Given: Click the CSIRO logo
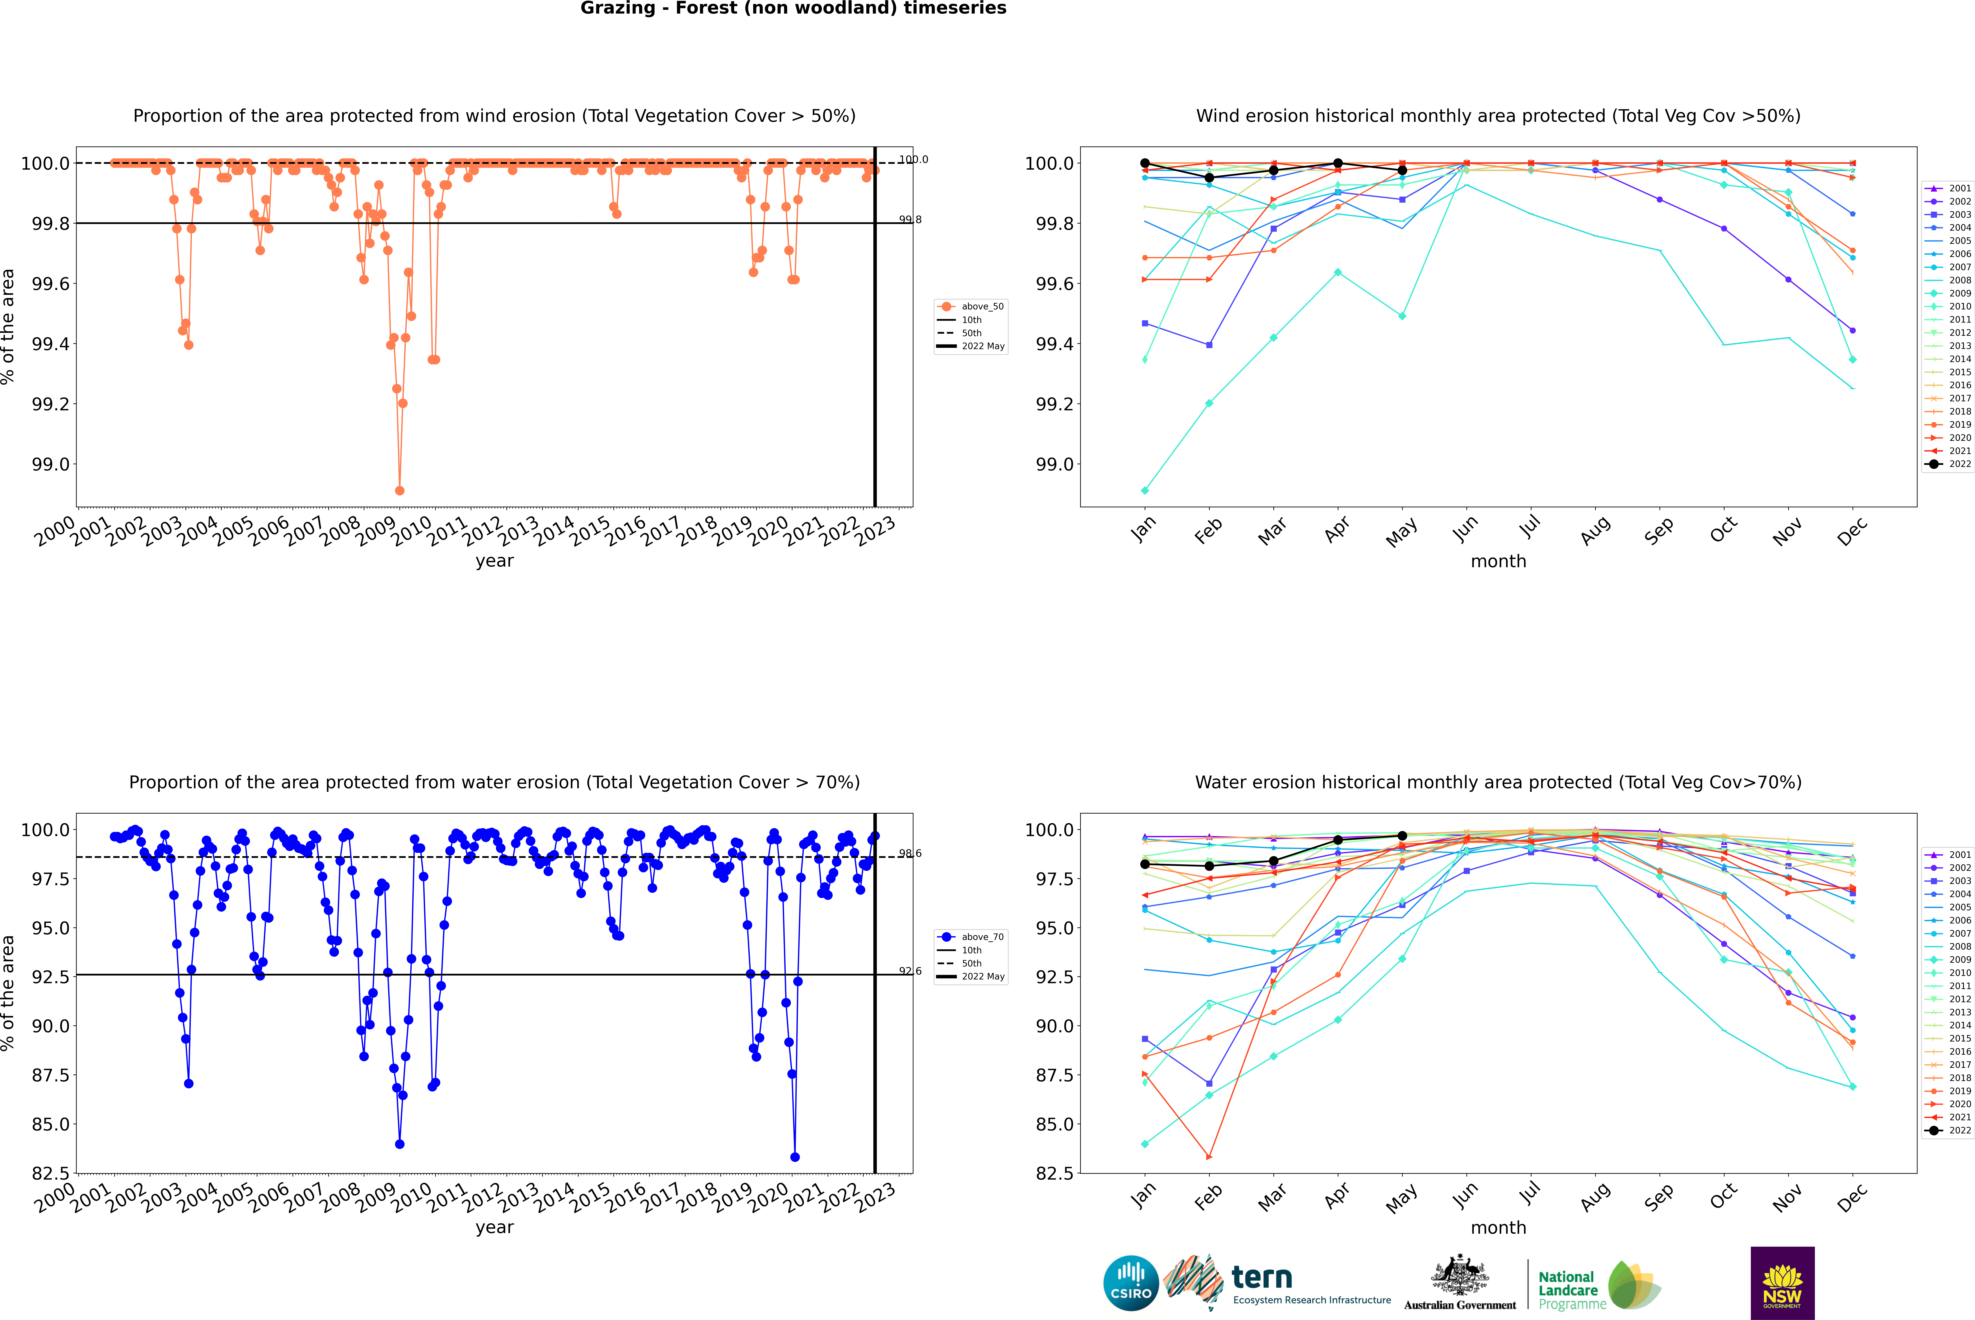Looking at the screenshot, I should coord(1131,1283).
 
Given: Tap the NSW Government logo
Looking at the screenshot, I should coord(1782,1283).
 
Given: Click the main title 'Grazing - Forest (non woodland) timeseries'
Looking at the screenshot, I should coord(793,8).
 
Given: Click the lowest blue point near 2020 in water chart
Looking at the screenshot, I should coord(795,1157).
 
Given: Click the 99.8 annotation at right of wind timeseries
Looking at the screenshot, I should coord(910,220).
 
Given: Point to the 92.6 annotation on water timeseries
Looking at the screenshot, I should coord(910,971).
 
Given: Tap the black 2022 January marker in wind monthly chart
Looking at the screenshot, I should coord(1145,163).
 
